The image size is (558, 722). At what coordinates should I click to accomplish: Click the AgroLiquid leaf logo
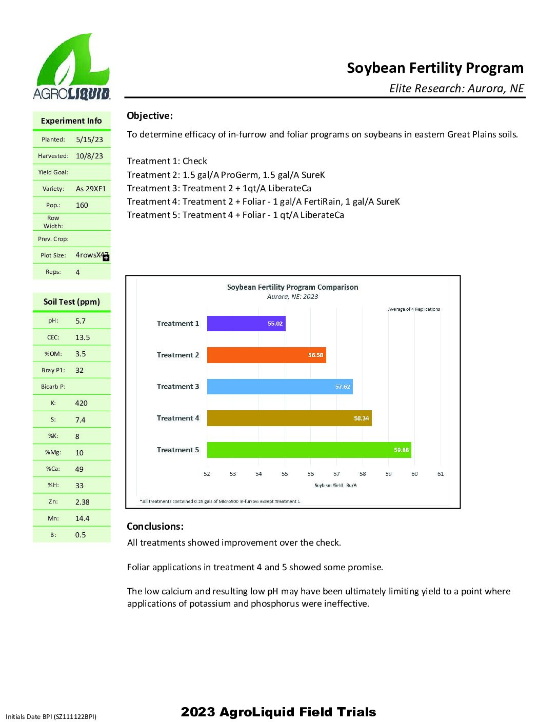pyautogui.click(x=72, y=66)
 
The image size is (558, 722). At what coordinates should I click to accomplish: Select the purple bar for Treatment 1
pyautogui.click(x=246, y=324)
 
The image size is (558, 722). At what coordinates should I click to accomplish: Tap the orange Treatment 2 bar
pyautogui.click(x=266, y=355)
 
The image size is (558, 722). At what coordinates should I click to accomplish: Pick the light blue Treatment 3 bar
pyautogui.click(x=280, y=387)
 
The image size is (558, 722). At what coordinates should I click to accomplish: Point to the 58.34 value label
pyautogui.click(x=361, y=418)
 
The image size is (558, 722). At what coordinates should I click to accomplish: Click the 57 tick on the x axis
pyautogui.click(x=336, y=474)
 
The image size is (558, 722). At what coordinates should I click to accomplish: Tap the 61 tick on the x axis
pyautogui.click(x=441, y=474)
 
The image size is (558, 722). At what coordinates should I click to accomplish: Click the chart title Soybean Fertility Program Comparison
pyautogui.click(x=292, y=287)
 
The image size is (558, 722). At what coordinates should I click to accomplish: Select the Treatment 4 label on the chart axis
pyautogui.click(x=178, y=418)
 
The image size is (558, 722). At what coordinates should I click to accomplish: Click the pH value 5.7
pyautogui.click(x=81, y=321)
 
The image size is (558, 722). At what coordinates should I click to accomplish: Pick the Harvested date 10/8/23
pyautogui.click(x=89, y=156)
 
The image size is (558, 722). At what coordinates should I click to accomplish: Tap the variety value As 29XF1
pyautogui.click(x=91, y=189)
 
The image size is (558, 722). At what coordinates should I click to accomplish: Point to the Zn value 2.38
pyautogui.click(x=82, y=502)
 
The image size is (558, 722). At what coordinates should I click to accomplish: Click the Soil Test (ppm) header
pyautogui.click(x=72, y=302)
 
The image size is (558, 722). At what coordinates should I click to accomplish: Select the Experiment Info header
pyautogui.click(x=71, y=121)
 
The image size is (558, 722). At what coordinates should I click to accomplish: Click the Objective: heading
pyautogui.click(x=150, y=116)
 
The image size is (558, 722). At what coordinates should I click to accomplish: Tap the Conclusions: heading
pyautogui.click(x=155, y=526)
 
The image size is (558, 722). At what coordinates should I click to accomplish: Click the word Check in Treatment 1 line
pyautogui.click(x=195, y=161)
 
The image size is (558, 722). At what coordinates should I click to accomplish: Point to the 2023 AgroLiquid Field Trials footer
pyautogui.click(x=278, y=712)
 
